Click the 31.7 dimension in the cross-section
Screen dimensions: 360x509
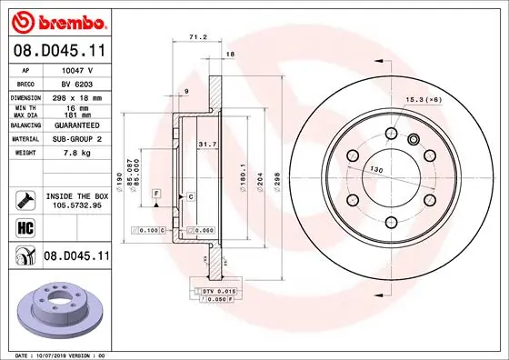[x=206, y=144]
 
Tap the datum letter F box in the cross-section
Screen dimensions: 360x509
[x=156, y=195]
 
